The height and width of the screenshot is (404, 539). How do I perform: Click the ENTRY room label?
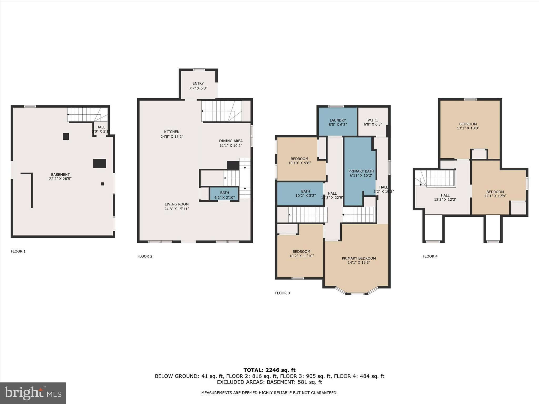[x=198, y=84]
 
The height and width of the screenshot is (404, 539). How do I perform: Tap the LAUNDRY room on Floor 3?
[x=337, y=122]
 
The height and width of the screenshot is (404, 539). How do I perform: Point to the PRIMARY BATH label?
[x=361, y=171]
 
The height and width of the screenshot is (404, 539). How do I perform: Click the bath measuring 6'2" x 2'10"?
[x=224, y=195]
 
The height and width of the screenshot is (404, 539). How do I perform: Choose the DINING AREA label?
[x=231, y=141]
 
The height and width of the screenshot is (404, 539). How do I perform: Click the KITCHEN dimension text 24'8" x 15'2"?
[x=172, y=137]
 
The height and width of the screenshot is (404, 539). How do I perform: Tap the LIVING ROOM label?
[x=177, y=204]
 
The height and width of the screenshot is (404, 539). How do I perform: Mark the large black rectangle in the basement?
[x=100, y=164]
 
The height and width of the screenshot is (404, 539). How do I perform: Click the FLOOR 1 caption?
[x=18, y=251]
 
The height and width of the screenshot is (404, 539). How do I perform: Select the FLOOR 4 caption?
[x=430, y=256]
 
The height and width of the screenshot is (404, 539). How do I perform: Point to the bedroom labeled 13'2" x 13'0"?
[x=468, y=126]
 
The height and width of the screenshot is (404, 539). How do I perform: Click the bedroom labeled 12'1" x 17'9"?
[x=495, y=194]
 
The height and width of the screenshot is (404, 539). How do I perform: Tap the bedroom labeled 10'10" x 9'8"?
[x=299, y=161]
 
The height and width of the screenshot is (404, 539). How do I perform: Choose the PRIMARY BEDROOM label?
[x=358, y=259]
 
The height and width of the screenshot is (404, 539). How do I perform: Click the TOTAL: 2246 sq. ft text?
[x=269, y=370]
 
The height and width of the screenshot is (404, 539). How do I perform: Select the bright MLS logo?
[x=33, y=393]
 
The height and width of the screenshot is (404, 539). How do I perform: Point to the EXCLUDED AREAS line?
[x=269, y=382]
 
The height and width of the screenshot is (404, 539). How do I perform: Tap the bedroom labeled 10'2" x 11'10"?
[x=301, y=254]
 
